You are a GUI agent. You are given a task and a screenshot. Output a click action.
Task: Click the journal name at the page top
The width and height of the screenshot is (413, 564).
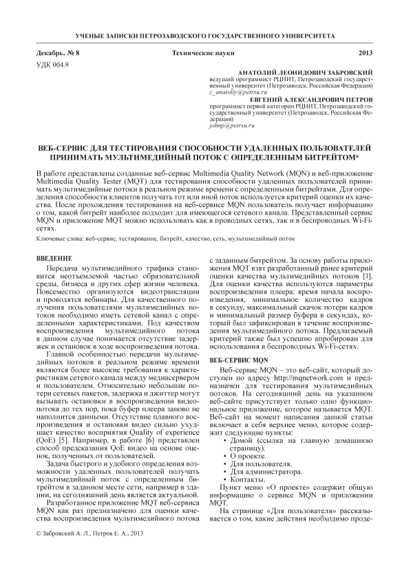click(206, 34)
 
